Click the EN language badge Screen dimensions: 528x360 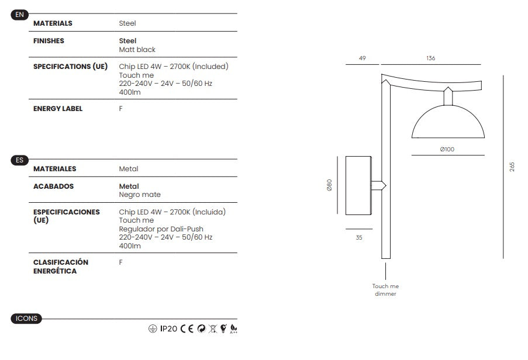[x=19, y=15]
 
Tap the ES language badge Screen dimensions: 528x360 [x=19, y=160]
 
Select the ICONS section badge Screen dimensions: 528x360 [x=26, y=319]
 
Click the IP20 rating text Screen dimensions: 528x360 [x=168, y=328]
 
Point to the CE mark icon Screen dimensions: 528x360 [x=187, y=328]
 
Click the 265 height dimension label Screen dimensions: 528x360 [x=512, y=167]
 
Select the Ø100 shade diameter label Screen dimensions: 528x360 [x=447, y=150]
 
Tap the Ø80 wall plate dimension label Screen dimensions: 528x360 [x=329, y=185]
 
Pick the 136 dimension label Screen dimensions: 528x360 [x=431, y=58]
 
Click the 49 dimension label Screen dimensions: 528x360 [x=363, y=58]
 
